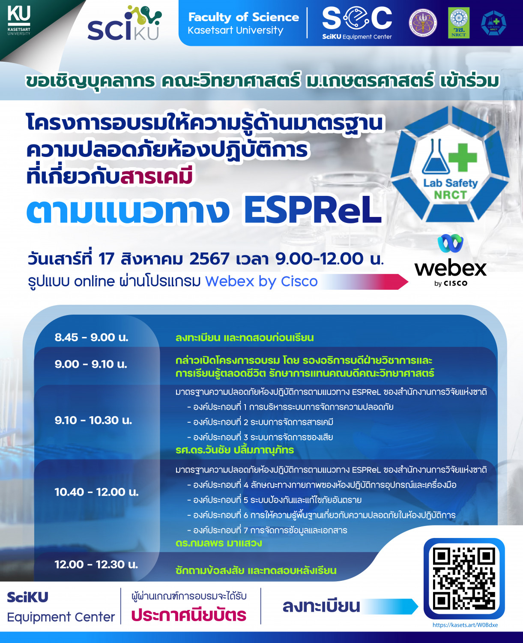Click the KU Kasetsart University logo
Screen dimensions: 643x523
click(19, 20)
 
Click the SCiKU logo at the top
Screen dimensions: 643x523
click(124, 25)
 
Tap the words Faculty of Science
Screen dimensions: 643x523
click(243, 17)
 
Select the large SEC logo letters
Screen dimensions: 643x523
click(357, 18)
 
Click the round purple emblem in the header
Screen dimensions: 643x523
click(423, 23)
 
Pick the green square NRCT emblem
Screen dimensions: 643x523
click(458, 23)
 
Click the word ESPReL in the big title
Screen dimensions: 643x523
click(312, 210)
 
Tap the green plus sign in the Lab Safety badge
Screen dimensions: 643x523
click(462, 156)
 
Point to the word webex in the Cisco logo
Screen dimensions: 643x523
click(451, 268)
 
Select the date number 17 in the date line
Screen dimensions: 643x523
click(106, 259)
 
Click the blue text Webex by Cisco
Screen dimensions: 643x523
click(261, 281)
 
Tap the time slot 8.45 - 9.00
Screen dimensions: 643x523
click(91, 337)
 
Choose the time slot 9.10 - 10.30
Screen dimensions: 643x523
click(93, 420)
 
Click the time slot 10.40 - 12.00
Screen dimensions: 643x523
click(96, 492)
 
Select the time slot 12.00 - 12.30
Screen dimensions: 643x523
click(96, 564)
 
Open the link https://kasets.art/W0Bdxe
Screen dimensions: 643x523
click(465, 625)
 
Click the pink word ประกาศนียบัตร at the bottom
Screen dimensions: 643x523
click(188, 615)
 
